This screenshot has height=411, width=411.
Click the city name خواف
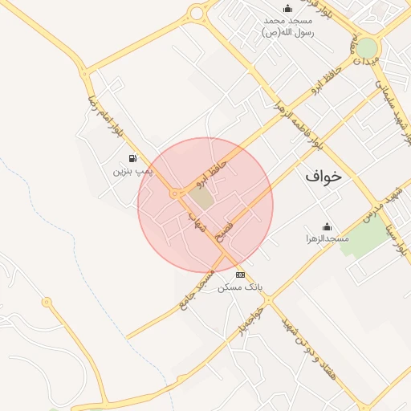[323, 176]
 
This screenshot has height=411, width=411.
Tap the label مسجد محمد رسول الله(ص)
[287, 26]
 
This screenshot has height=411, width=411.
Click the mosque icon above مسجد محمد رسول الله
[287, 8]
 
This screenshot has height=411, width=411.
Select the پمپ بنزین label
[132, 171]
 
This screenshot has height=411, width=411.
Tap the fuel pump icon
[132, 158]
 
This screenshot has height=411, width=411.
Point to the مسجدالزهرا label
[327, 239]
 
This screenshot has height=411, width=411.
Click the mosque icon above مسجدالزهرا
[327, 226]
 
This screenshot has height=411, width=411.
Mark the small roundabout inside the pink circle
[174, 193]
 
